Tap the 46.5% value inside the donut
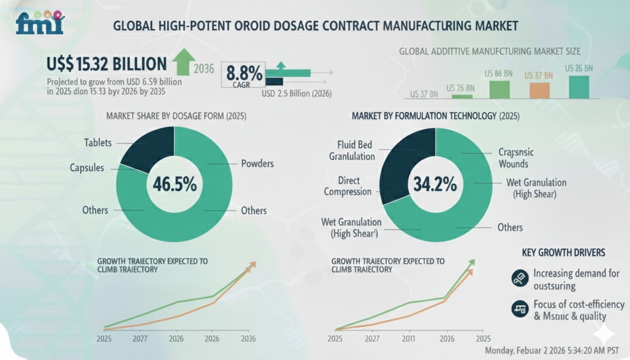[x=174, y=184]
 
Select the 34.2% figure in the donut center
[x=435, y=184]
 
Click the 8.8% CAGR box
[x=244, y=75]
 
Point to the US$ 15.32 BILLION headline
[x=107, y=64]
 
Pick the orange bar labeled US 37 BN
[x=539, y=90]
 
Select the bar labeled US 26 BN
[x=579, y=87]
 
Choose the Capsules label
[x=87, y=167]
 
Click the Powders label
[x=257, y=164]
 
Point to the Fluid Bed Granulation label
[x=351, y=150]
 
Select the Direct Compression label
[x=348, y=186]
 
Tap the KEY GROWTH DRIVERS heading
[x=563, y=253]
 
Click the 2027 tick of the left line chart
[x=138, y=338]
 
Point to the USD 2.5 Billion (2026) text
[x=297, y=94]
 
